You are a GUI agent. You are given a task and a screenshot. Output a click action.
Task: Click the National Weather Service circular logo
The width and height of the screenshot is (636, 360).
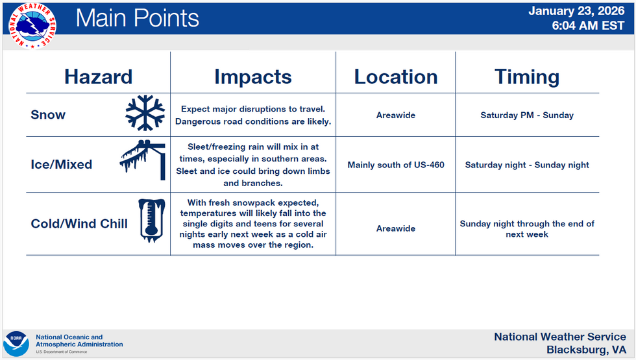pyautogui.click(x=32, y=25)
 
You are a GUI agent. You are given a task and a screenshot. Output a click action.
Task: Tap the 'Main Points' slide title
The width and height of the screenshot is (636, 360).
pyautogui.click(x=137, y=18)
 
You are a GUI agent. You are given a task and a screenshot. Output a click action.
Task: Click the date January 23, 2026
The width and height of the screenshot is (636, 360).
pyautogui.click(x=576, y=11)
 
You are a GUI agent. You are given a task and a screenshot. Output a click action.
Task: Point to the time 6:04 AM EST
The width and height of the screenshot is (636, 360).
pyautogui.click(x=588, y=25)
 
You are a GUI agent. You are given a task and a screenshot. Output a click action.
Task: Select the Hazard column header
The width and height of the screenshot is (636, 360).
pyautogui.click(x=98, y=77)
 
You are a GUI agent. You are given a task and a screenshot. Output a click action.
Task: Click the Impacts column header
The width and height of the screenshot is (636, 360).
pyautogui.click(x=252, y=77)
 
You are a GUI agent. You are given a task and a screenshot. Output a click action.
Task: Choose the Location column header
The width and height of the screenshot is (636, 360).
pyautogui.click(x=396, y=77)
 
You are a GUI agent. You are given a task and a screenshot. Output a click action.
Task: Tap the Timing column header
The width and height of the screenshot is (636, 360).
pyautogui.click(x=527, y=77)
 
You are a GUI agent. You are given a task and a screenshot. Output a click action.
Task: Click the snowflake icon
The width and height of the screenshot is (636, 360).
pyautogui.click(x=145, y=113)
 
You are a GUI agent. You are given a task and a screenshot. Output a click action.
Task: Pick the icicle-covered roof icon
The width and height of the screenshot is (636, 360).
pyautogui.click(x=143, y=160)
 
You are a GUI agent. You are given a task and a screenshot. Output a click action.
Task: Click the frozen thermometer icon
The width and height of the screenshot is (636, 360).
pyautogui.click(x=152, y=221)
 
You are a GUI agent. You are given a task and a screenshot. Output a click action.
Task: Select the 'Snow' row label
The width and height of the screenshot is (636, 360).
pyautogui.click(x=48, y=115)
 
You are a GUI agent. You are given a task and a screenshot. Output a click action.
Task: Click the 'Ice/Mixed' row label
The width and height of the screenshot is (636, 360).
pyautogui.click(x=61, y=164)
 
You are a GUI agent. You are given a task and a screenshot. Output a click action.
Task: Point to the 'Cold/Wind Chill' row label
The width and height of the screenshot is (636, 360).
pyautogui.click(x=79, y=224)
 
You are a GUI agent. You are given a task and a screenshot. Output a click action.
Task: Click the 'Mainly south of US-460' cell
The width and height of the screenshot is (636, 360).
pyautogui.click(x=396, y=165)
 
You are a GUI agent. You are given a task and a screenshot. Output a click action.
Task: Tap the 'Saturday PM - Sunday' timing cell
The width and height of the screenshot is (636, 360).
pyautogui.click(x=527, y=115)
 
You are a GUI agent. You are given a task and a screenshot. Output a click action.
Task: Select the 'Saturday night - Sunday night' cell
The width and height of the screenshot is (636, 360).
pyautogui.click(x=527, y=165)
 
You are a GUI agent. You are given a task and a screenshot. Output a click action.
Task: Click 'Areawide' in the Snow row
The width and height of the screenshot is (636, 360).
pyautogui.click(x=396, y=115)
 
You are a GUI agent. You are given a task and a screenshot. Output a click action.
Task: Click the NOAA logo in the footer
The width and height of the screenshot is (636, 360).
pyautogui.click(x=16, y=344)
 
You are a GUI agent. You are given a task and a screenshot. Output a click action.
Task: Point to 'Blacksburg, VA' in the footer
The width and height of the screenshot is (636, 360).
pyautogui.click(x=586, y=350)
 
